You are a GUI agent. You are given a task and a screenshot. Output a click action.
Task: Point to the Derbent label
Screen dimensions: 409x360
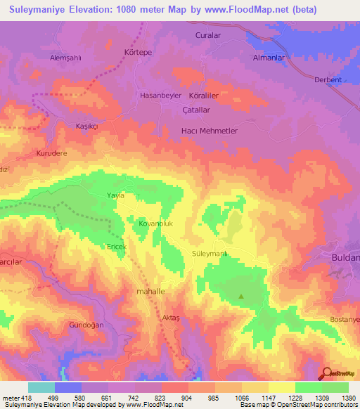(328, 80)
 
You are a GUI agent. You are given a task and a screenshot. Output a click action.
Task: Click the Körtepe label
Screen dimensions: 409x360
(138, 53)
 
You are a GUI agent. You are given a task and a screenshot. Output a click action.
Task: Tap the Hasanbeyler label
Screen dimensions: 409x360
(161, 95)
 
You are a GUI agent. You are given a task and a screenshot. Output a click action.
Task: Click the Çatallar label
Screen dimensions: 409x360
(196, 110)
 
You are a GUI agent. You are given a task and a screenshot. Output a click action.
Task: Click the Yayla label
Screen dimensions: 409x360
(115, 195)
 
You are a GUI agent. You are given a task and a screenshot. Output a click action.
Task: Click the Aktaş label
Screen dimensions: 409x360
(172, 318)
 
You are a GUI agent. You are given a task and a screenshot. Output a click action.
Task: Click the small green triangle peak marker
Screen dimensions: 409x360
(242, 296)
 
